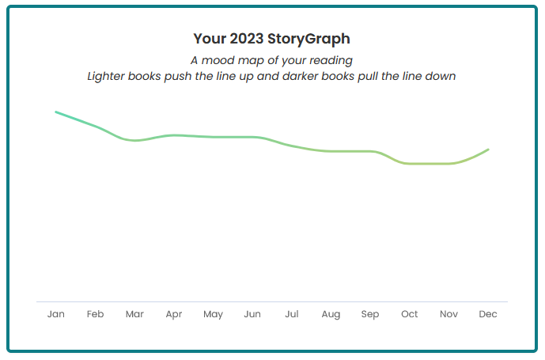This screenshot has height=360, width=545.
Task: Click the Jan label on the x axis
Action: (x=56, y=314)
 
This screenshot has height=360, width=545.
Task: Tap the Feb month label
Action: (x=95, y=314)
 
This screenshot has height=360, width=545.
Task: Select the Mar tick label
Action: (x=134, y=314)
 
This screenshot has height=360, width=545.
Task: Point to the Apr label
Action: (x=174, y=315)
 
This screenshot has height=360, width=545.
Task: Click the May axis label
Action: (x=213, y=315)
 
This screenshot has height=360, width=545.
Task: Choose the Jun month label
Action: (x=252, y=314)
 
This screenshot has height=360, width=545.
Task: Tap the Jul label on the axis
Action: (x=292, y=314)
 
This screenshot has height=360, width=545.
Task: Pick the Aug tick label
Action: (x=331, y=315)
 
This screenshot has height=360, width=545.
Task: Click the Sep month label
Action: (x=370, y=315)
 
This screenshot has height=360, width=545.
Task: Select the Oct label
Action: (x=410, y=314)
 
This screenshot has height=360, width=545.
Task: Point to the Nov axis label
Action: (x=448, y=314)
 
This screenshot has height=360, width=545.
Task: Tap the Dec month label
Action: (x=488, y=314)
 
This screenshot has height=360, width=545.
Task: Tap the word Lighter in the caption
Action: (x=108, y=77)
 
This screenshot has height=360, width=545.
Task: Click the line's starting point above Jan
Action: (x=55, y=112)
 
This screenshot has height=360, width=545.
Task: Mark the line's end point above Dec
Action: (x=488, y=149)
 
